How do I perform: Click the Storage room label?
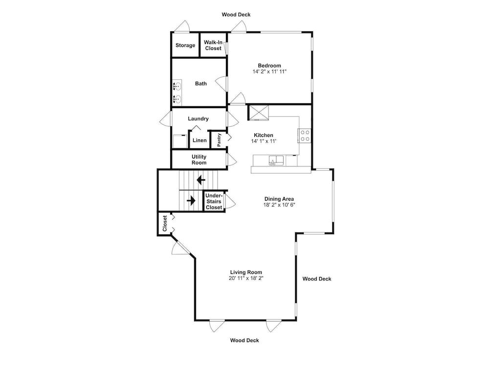pos(185,45)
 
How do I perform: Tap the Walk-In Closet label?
pos(213,45)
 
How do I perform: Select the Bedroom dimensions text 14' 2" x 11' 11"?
pos(269,71)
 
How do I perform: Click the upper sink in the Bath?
pos(178,86)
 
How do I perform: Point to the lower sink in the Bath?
pos(178,99)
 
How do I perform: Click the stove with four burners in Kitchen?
pos(305,136)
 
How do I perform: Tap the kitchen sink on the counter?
pos(276,161)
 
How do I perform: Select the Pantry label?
pos(219,140)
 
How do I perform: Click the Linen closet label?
pos(200,140)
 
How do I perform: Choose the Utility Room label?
pos(199,160)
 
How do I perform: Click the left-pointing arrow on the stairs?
pos(201,180)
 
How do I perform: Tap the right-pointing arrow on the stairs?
pos(191,200)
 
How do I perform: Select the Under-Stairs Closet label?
pos(214,201)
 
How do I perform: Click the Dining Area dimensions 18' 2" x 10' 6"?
pos(279,205)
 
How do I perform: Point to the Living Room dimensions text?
pos(246,278)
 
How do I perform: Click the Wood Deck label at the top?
pos(236,14)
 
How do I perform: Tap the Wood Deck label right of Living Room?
pos(317,279)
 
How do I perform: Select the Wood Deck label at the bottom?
pos(244,340)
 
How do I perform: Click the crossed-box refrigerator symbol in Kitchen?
pos(258,113)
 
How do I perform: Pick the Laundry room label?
pos(199,118)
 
